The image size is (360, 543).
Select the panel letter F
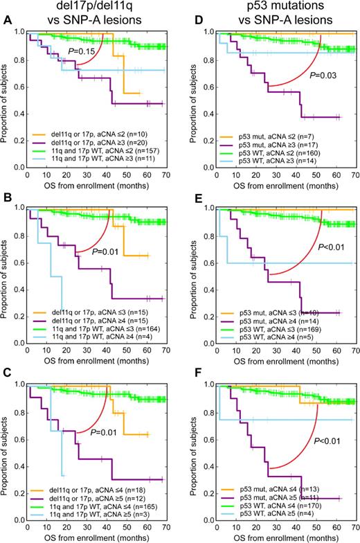click(187, 380)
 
